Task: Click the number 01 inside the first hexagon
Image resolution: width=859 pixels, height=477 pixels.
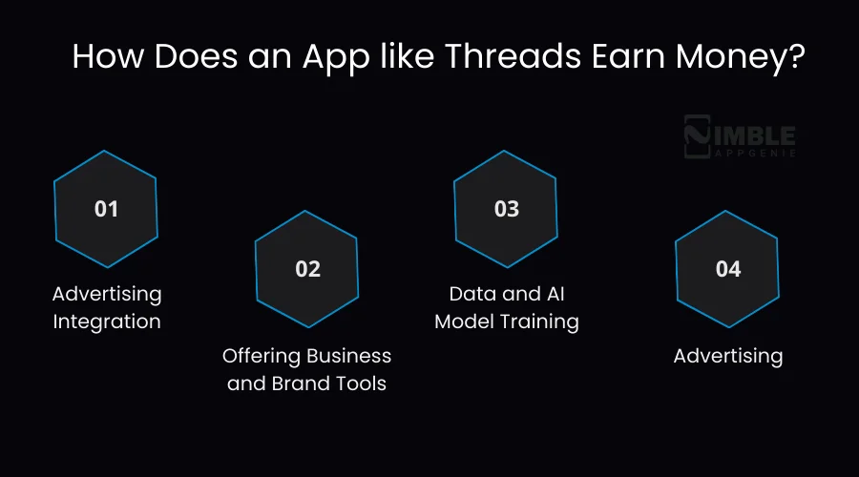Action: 106,208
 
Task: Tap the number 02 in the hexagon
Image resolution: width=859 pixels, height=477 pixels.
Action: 307,269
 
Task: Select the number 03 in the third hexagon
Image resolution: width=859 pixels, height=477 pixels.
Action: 506,208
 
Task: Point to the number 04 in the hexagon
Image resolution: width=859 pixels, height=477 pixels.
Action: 727,269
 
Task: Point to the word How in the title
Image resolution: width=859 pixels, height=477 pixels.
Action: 106,56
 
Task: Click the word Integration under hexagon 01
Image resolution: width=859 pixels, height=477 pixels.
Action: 107,321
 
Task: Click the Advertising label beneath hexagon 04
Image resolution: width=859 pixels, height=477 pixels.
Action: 727,356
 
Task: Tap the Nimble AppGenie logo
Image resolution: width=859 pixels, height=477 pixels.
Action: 740,136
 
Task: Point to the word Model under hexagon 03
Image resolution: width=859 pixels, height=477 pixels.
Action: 465,321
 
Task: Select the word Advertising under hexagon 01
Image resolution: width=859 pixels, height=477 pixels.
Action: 107,293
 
